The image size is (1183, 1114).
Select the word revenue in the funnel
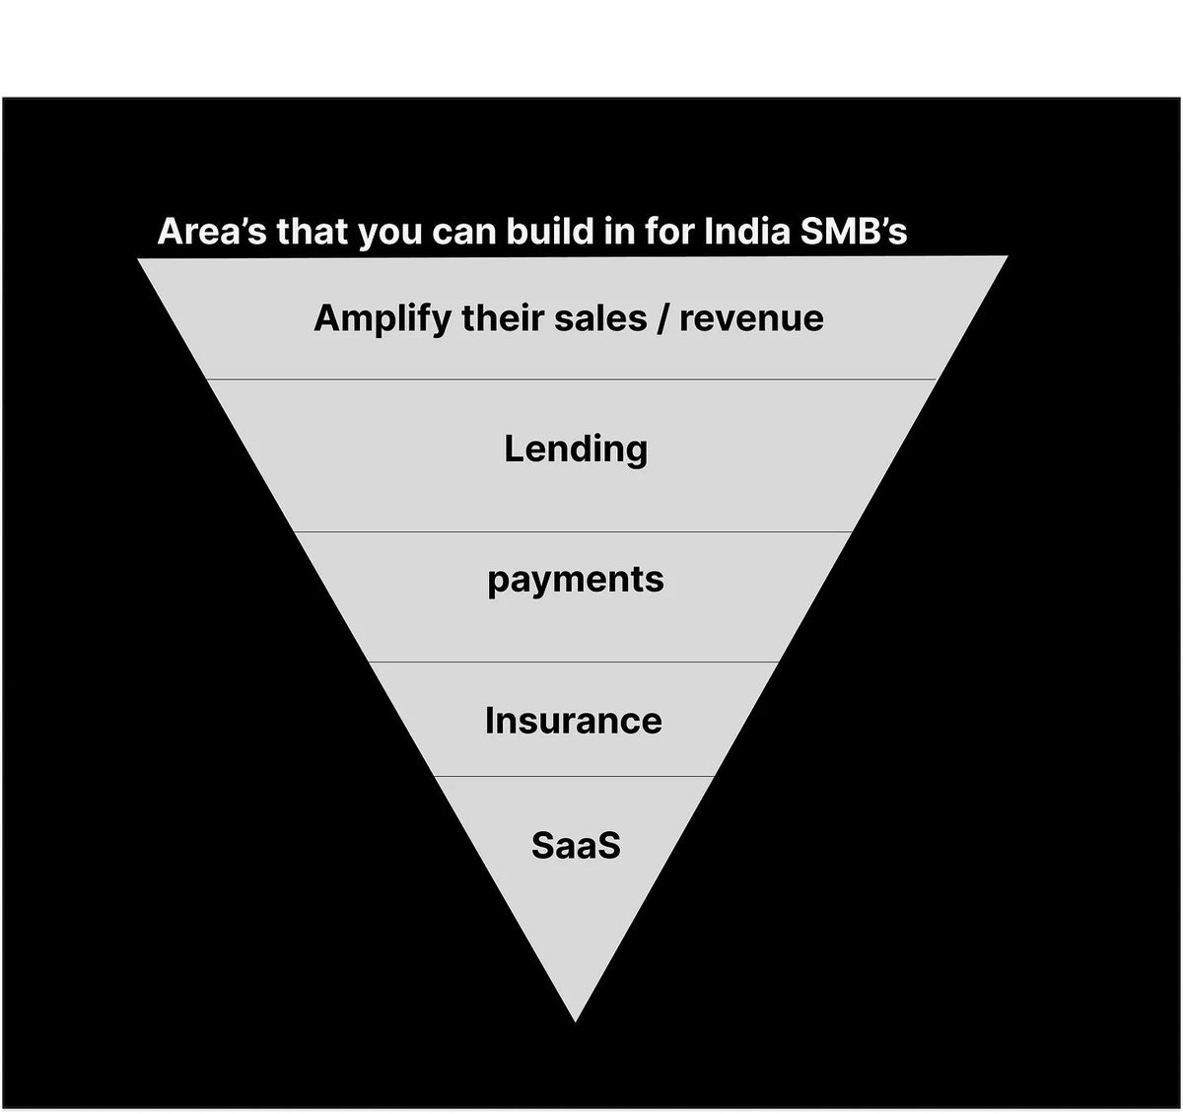pyautogui.click(x=751, y=318)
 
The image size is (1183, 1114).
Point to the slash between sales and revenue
pyautogui.click(x=664, y=318)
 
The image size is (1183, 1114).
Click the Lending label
pyautogui.click(x=576, y=450)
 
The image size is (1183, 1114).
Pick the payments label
pyautogui.click(x=576, y=580)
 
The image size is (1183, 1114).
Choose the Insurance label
pyautogui.click(x=574, y=721)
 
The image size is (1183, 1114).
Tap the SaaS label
pyautogui.click(x=576, y=846)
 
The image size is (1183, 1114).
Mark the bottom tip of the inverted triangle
pyautogui.click(x=575, y=1020)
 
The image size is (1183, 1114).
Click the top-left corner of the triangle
pyautogui.click(x=139, y=259)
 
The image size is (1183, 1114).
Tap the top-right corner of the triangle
pyautogui.click(x=1007, y=258)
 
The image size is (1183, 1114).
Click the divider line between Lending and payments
pyautogui.click(x=573, y=532)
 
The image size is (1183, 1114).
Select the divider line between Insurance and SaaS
pyautogui.click(x=573, y=777)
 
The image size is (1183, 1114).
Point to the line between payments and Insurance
pyautogui.click(x=573, y=662)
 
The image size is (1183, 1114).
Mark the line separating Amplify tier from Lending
pyautogui.click(x=573, y=380)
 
